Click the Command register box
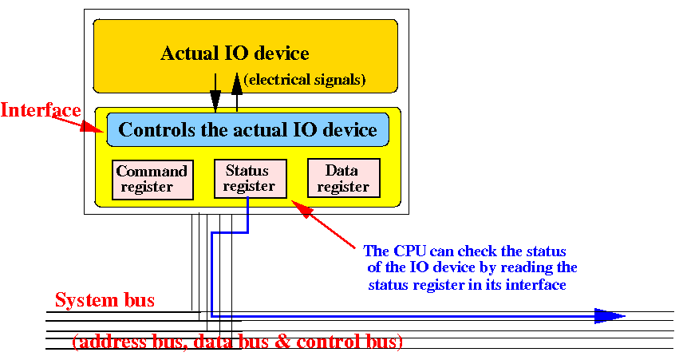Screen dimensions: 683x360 (x=152, y=180)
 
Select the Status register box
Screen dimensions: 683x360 (x=250, y=179)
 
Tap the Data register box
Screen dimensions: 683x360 (x=344, y=178)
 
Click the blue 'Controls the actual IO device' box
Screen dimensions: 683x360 (x=247, y=130)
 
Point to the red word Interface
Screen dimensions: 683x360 (x=41, y=110)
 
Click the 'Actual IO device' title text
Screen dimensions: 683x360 (x=235, y=53)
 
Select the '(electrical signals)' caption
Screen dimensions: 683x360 (x=305, y=80)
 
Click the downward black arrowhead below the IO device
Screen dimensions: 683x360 (x=215, y=101)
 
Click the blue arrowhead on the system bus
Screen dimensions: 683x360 (x=610, y=315)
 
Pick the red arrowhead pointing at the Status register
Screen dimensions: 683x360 (x=302, y=209)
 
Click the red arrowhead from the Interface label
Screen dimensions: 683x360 (x=93, y=127)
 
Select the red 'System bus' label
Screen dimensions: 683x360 (x=105, y=300)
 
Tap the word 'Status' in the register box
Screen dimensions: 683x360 (x=247, y=170)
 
